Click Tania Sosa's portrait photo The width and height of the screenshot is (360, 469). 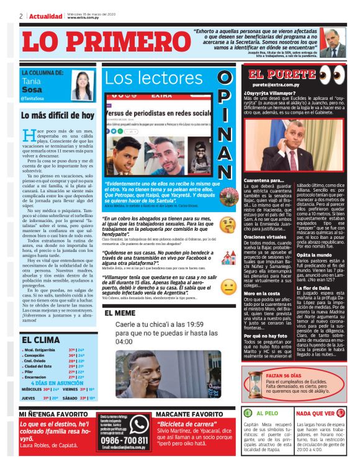pos(82,85)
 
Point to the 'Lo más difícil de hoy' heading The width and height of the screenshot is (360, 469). pos(57,115)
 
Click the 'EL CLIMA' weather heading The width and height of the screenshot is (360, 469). pos(40,340)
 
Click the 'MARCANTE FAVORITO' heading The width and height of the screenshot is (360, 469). pos(189,414)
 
